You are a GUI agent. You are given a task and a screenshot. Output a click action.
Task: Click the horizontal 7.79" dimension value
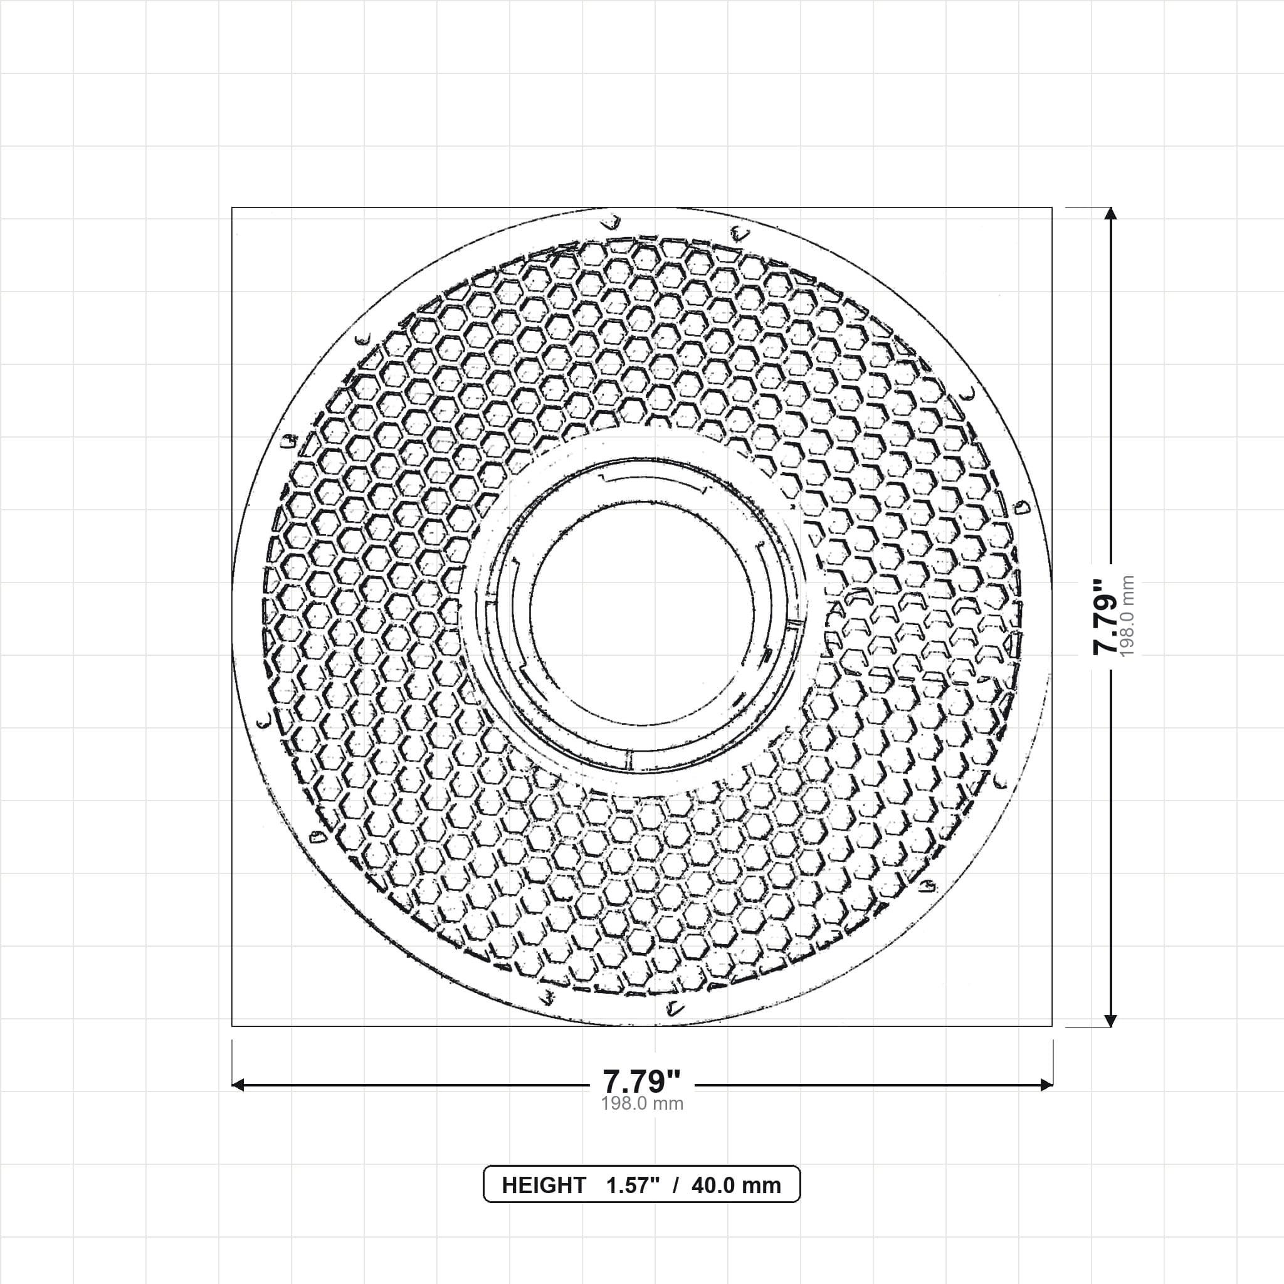[x=641, y=1081]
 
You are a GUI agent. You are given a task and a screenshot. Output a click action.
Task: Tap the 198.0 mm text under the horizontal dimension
[x=642, y=1104]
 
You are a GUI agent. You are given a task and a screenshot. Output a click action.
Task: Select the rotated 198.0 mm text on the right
[x=1127, y=616]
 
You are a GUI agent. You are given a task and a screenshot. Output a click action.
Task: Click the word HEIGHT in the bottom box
[x=544, y=1185]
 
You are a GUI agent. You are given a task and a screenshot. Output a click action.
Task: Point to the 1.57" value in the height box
[x=633, y=1185]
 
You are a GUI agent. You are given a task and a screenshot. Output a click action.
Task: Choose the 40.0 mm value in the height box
[x=737, y=1185]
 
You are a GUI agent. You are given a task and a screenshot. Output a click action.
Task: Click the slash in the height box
[x=676, y=1185]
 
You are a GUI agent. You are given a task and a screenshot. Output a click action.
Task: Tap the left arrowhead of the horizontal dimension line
[x=238, y=1085]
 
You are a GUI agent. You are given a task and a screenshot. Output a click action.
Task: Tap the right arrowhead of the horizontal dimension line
[x=1046, y=1085]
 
